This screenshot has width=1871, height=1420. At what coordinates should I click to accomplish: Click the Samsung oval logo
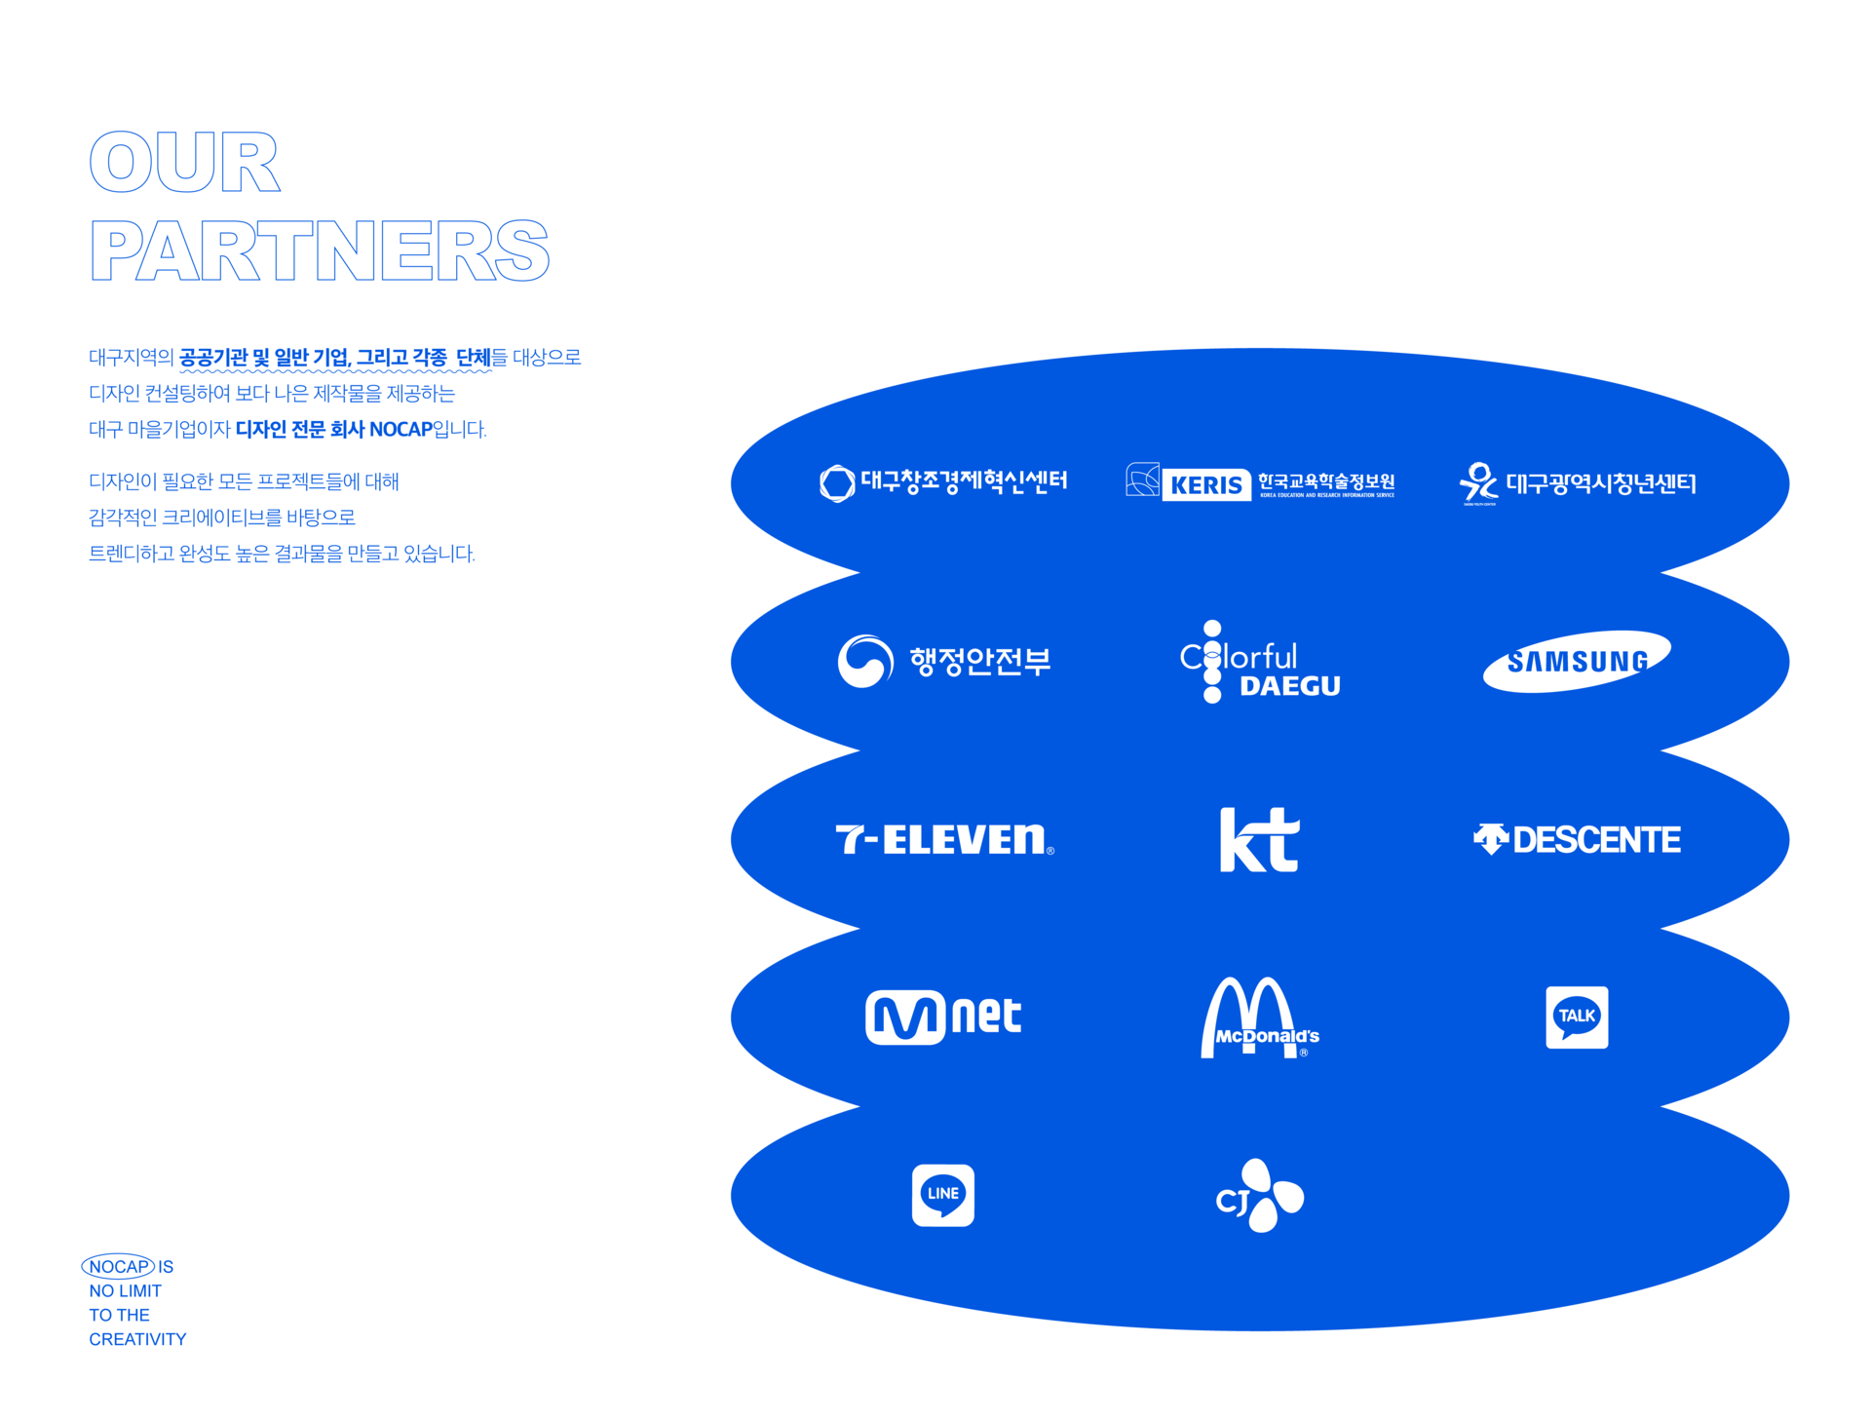(x=1576, y=662)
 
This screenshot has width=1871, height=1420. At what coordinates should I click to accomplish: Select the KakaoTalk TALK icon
(x=1577, y=1017)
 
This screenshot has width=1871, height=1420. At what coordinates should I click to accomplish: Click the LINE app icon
(x=942, y=1195)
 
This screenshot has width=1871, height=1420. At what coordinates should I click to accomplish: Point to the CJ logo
(x=1259, y=1196)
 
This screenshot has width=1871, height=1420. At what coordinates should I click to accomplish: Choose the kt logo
(x=1259, y=839)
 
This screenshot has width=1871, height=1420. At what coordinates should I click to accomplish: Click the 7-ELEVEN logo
(x=943, y=839)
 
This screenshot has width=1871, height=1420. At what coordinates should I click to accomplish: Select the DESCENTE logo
(x=1577, y=839)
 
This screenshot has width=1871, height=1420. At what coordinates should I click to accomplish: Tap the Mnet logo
(x=942, y=1017)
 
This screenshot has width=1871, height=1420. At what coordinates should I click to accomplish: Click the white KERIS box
(x=1205, y=484)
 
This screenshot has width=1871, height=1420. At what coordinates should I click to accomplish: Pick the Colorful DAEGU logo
(x=1259, y=663)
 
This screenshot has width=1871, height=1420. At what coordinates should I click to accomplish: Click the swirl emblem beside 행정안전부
(x=864, y=662)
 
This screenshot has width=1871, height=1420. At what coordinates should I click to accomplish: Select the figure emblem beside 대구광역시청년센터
(x=1478, y=482)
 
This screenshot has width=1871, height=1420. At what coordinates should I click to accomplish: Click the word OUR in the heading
(x=185, y=162)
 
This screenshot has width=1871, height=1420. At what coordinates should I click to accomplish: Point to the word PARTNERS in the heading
(x=320, y=250)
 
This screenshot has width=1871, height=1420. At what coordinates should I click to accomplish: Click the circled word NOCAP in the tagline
(x=119, y=1266)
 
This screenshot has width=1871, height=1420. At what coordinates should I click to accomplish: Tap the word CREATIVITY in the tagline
(x=137, y=1339)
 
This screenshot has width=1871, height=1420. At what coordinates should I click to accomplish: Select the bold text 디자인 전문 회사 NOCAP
(x=333, y=430)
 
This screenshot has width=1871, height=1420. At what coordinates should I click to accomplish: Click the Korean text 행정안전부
(x=979, y=662)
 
